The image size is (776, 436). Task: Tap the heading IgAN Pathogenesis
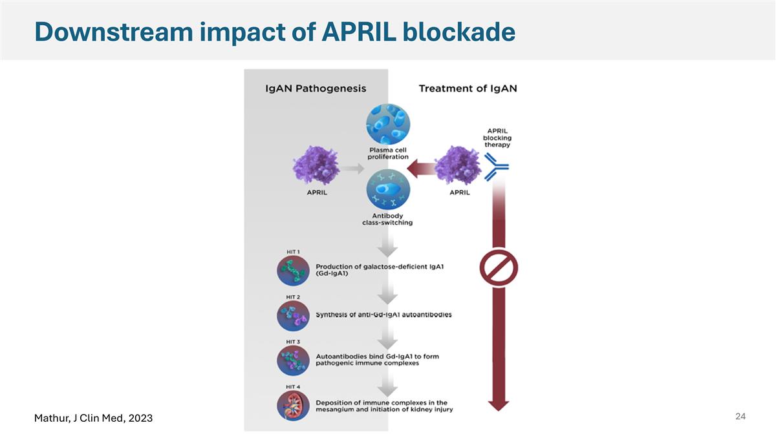316,88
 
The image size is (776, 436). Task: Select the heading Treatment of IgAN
468,88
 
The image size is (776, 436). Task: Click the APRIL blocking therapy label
497,136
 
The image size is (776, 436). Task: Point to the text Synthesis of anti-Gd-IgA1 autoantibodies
383,315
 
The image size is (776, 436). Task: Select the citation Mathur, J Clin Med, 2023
93,419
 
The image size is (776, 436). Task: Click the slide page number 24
740,417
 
